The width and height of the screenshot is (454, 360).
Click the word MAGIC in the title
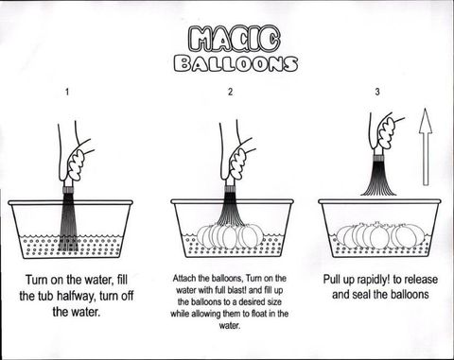[235, 39]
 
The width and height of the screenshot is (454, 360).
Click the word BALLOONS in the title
[236, 63]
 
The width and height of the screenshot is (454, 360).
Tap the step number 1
[67, 92]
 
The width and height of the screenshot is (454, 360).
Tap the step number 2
[231, 92]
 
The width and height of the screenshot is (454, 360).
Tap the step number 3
[377, 92]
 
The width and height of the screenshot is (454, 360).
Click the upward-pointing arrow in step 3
[426, 146]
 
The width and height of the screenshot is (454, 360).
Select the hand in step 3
[385, 132]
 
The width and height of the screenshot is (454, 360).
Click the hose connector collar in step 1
[69, 190]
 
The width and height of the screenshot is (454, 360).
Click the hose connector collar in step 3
[378, 156]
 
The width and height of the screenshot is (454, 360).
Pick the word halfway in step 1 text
[77, 296]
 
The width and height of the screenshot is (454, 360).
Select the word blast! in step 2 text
[242, 290]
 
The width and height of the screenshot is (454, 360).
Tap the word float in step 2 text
[252, 314]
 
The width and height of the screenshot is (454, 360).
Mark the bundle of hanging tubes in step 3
[378, 177]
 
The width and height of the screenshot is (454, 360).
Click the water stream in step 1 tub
[69, 222]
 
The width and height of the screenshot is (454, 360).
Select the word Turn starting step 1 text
[38, 280]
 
